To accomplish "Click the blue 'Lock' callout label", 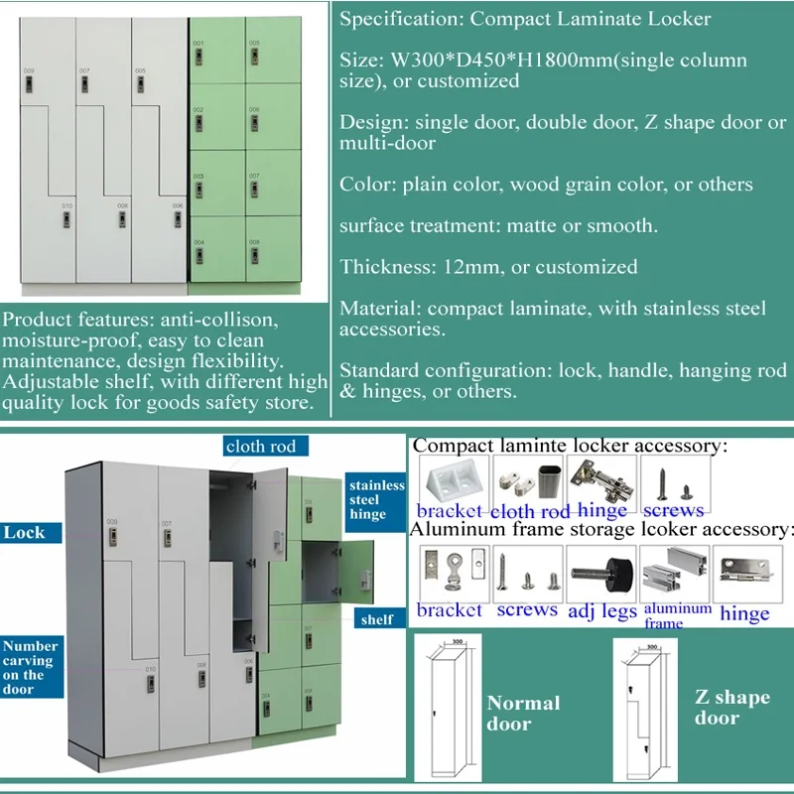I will click(25, 533).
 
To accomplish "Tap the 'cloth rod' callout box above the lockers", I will click(261, 446).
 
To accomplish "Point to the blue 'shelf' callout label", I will click(376, 619).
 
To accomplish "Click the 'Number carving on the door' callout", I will click(30, 667).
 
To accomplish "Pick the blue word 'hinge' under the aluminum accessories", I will click(744, 612).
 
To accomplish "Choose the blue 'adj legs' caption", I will click(601, 610).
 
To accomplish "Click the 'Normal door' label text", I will click(523, 713).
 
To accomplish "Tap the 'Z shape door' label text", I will click(731, 707).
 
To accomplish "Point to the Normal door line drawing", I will click(448, 707).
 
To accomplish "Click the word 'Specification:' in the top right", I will click(401, 18).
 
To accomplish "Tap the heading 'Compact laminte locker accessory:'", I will click(570, 446).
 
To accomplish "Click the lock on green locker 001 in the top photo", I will click(199, 57).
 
